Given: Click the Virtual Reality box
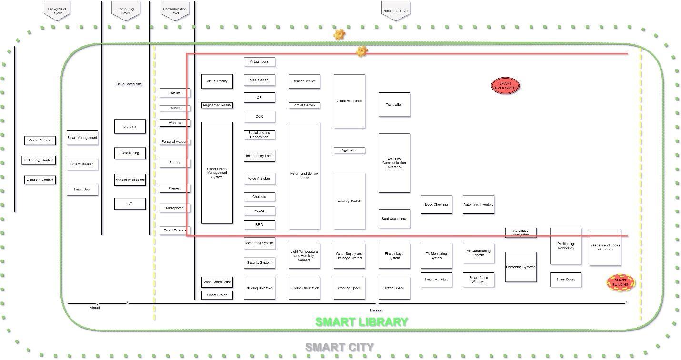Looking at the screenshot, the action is pyautogui.click(x=217, y=81).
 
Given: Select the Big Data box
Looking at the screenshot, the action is pyautogui.click(x=130, y=126).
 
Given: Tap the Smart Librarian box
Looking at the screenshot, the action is pyautogui.click(x=82, y=164).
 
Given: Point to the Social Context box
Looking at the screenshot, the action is pyautogui.click(x=40, y=140).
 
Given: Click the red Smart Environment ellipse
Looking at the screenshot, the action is pyautogui.click(x=505, y=86).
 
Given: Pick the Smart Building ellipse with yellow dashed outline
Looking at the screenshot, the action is pyautogui.click(x=621, y=283).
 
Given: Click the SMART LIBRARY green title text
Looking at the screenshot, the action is pyautogui.click(x=361, y=322).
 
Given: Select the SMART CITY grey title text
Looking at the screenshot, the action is pyautogui.click(x=339, y=348).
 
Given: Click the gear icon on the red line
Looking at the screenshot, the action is pyautogui.click(x=361, y=51).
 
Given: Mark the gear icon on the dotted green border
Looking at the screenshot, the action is pyautogui.click(x=339, y=34).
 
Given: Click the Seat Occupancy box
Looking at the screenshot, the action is pyautogui.click(x=394, y=219).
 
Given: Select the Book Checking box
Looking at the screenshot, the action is pyautogui.click(x=436, y=204).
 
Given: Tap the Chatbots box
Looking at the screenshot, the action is pyautogui.click(x=259, y=197).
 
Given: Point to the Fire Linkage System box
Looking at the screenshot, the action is pyautogui.click(x=394, y=256).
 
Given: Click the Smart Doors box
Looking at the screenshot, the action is pyautogui.click(x=565, y=280).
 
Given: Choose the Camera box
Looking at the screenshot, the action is pyautogui.click(x=175, y=189).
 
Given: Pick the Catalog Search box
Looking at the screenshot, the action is pyautogui.click(x=349, y=201).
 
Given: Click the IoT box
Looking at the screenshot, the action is pyautogui.click(x=130, y=203).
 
